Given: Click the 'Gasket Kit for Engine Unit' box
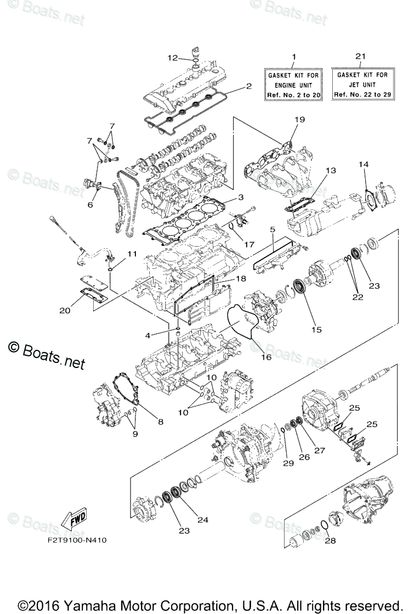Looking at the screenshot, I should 293,84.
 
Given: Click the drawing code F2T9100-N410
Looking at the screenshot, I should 76,540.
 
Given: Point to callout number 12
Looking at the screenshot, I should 173,57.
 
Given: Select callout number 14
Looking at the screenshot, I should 363,164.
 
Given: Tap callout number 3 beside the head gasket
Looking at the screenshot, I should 241,198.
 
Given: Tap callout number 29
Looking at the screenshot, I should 289,463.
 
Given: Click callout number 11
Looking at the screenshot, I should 132,254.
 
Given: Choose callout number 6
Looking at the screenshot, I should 91,205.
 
